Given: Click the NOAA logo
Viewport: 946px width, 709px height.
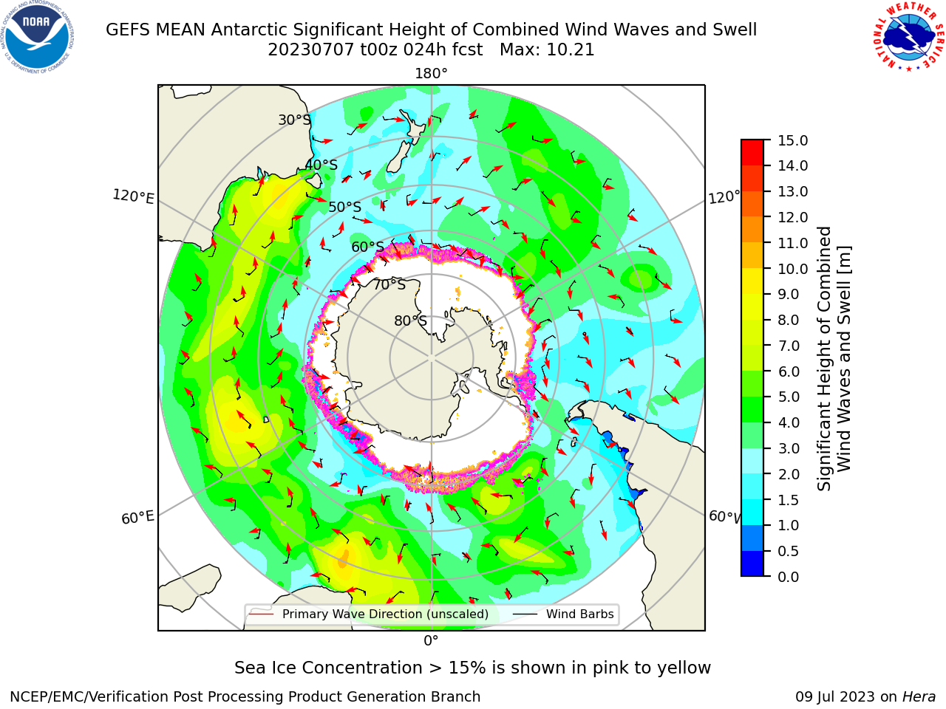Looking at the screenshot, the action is [38, 38].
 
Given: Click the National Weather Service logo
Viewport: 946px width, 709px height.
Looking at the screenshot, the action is [909, 36].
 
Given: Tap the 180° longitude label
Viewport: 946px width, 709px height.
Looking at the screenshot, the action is [431, 74].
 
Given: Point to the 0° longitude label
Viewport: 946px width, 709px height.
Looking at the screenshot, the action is [431, 641].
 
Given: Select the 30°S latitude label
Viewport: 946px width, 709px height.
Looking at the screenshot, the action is [294, 120].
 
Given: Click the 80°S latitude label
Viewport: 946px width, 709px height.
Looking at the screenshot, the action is [410, 321].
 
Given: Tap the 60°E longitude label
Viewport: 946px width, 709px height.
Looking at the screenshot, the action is [137, 518].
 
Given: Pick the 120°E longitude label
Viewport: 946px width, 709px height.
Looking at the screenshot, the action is [133, 196].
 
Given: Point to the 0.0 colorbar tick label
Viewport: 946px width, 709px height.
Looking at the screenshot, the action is [789, 577].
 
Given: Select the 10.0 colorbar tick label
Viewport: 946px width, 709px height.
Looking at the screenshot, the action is [792, 269].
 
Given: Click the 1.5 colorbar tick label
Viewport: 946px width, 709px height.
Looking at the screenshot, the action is [789, 500].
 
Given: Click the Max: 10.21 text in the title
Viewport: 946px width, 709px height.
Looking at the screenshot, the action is [547, 50].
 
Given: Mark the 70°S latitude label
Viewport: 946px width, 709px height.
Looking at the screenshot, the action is [389, 284].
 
